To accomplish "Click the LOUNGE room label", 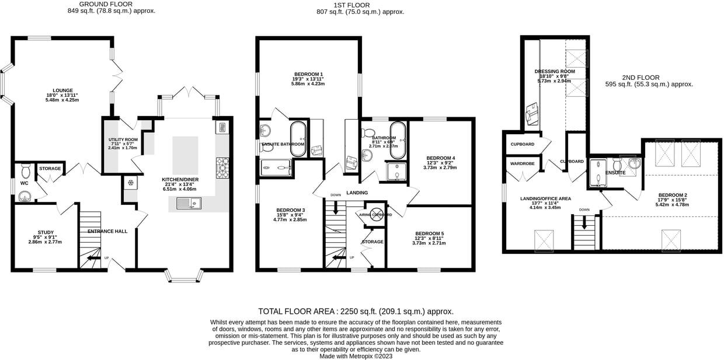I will coord(62,90).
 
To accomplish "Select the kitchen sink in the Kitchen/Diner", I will coord(189,203).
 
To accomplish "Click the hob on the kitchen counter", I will coord(222,167).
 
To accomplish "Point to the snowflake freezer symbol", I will coord(130,183).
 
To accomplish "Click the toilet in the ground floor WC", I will coord(25,171).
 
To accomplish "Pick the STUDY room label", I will coord(45,232).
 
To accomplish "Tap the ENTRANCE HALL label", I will coord(107,232).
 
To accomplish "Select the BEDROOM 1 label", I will coord(308,74).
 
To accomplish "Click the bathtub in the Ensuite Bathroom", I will coord(298,139).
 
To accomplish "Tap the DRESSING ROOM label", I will coord(555,72).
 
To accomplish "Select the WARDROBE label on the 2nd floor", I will coord(523,164).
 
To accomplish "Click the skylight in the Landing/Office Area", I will coord(544,240).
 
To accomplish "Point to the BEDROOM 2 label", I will coord(672,195).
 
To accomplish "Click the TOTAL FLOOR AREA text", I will coord(356,312).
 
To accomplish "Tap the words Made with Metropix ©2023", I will coord(356,356).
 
